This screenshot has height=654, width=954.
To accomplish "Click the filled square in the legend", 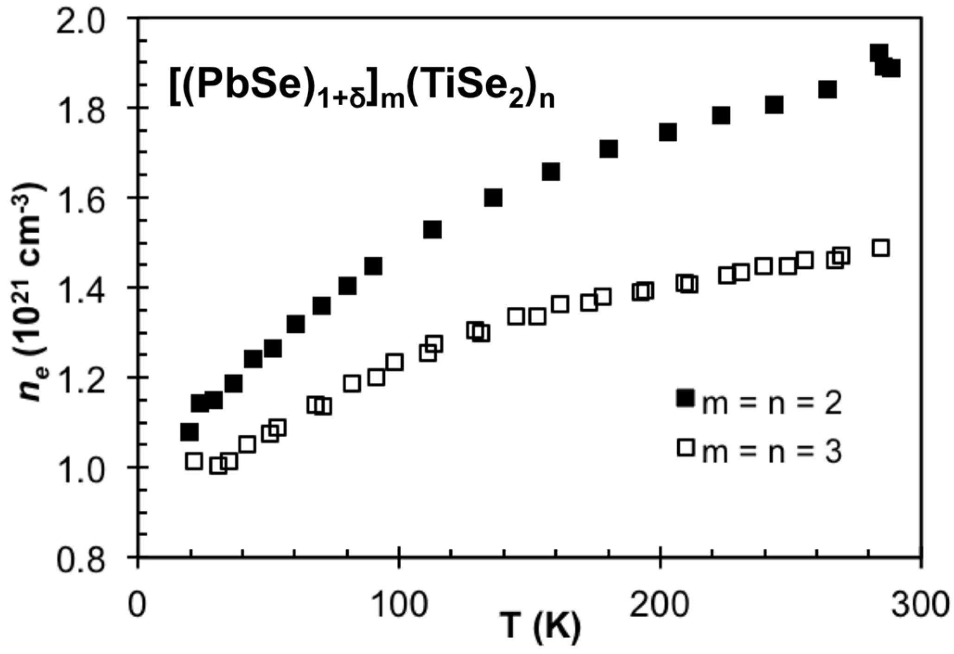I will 686,398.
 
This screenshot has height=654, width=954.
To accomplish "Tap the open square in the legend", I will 686,448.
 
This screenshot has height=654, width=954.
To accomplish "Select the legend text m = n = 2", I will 771,404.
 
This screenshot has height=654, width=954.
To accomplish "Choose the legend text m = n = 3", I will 771,452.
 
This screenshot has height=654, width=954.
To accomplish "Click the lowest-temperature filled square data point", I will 189,432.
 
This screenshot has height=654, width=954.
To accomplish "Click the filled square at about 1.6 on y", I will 493,198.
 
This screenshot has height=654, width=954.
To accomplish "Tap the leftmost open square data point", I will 194,461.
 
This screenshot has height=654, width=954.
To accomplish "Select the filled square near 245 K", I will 774,105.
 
